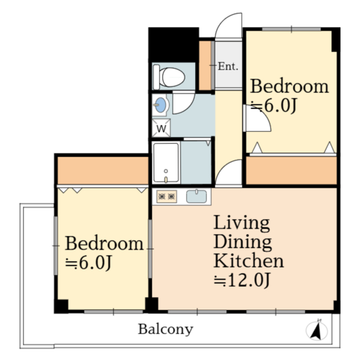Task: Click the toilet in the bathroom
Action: click(x=169, y=77)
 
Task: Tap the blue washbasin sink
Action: click(x=160, y=105)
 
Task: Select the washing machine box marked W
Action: click(x=161, y=128)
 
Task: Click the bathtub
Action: click(x=166, y=163)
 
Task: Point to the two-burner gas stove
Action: click(x=167, y=197)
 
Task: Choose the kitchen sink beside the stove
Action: click(x=197, y=197)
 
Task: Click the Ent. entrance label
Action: click(x=228, y=67)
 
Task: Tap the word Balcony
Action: click(x=166, y=329)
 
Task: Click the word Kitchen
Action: click(x=248, y=260)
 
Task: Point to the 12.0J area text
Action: click(x=242, y=280)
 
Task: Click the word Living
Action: click(x=242, y=223)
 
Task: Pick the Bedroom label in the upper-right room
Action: click(x=289, y=86)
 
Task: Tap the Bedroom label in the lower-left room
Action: click(x=104, y=244)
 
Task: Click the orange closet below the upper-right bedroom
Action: click(x=291, y=170)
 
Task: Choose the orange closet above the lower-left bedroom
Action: click(x=103, y=170)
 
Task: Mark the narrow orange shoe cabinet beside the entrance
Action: click(x=205, y=65)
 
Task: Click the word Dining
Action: click(x=242, y=242)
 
